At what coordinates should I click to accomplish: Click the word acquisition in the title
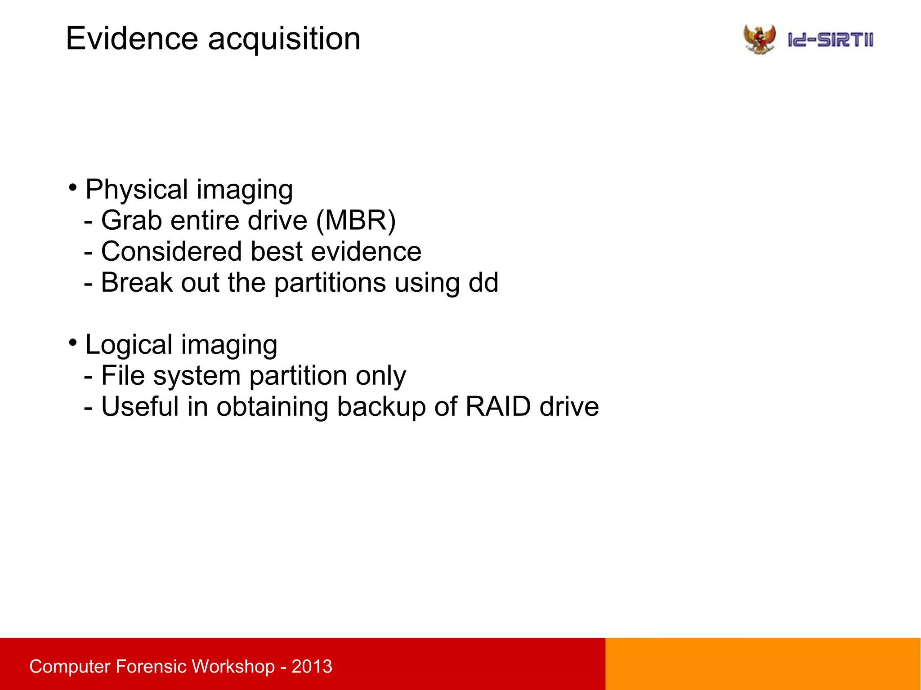coord(284,40)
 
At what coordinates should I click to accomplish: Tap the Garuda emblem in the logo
coord(760,39)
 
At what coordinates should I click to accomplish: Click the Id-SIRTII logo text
coord(830,40)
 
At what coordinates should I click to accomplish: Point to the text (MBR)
coord(356,221)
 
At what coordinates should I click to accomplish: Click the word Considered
coord(172,251)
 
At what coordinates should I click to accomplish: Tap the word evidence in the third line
coord(366,251)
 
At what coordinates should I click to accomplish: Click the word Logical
coord(129,345)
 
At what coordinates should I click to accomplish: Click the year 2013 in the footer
coord(312,666)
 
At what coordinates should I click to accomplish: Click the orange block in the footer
coord(763,663)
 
